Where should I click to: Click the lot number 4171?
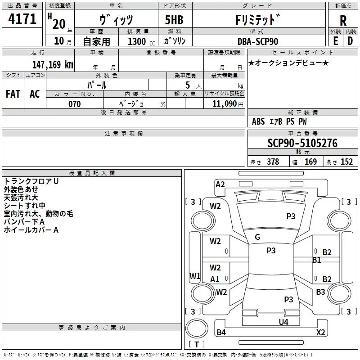22,20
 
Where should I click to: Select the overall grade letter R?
343,20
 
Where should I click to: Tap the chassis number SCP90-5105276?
302,143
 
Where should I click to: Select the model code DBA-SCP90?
258,41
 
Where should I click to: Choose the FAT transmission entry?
13,94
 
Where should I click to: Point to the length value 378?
273,162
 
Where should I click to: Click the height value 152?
346,162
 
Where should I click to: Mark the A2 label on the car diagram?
220,184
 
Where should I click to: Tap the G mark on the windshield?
257,237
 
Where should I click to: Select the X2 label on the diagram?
320,333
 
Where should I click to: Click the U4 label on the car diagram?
283,322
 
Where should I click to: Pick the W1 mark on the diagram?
194,276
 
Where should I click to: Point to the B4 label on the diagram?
221,333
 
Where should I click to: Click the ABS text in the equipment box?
258,121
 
